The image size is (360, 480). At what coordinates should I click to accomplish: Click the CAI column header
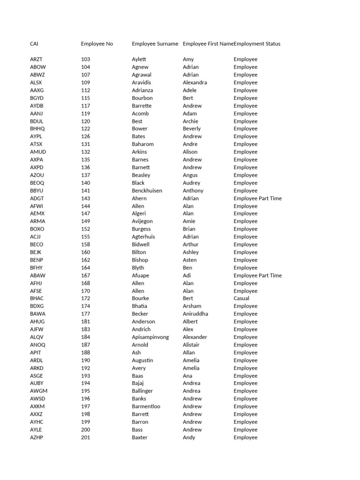34,44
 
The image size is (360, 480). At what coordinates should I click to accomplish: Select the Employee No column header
97,44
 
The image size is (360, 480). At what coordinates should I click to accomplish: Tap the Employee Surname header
155,44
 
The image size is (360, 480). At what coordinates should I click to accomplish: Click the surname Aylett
139,60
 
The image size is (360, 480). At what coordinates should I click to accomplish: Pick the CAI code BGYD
37,98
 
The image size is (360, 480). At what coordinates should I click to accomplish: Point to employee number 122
85,129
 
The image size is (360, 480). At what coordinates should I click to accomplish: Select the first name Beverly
192,129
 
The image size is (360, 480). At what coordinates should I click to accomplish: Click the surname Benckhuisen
150,191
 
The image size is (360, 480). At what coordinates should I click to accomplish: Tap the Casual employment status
242,299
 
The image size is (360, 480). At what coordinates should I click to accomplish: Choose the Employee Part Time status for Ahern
258,198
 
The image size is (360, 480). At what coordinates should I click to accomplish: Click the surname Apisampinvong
150,337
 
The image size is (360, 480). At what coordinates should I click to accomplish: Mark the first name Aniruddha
195,314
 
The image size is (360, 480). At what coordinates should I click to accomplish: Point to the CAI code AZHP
37,437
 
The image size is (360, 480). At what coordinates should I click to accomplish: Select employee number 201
85,437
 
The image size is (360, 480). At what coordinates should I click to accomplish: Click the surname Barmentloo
146,406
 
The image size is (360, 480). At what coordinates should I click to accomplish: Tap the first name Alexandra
195,82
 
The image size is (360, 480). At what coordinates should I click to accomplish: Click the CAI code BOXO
37,229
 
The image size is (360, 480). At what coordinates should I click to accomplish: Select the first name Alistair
191,345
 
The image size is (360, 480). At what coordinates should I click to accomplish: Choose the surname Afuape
141,276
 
